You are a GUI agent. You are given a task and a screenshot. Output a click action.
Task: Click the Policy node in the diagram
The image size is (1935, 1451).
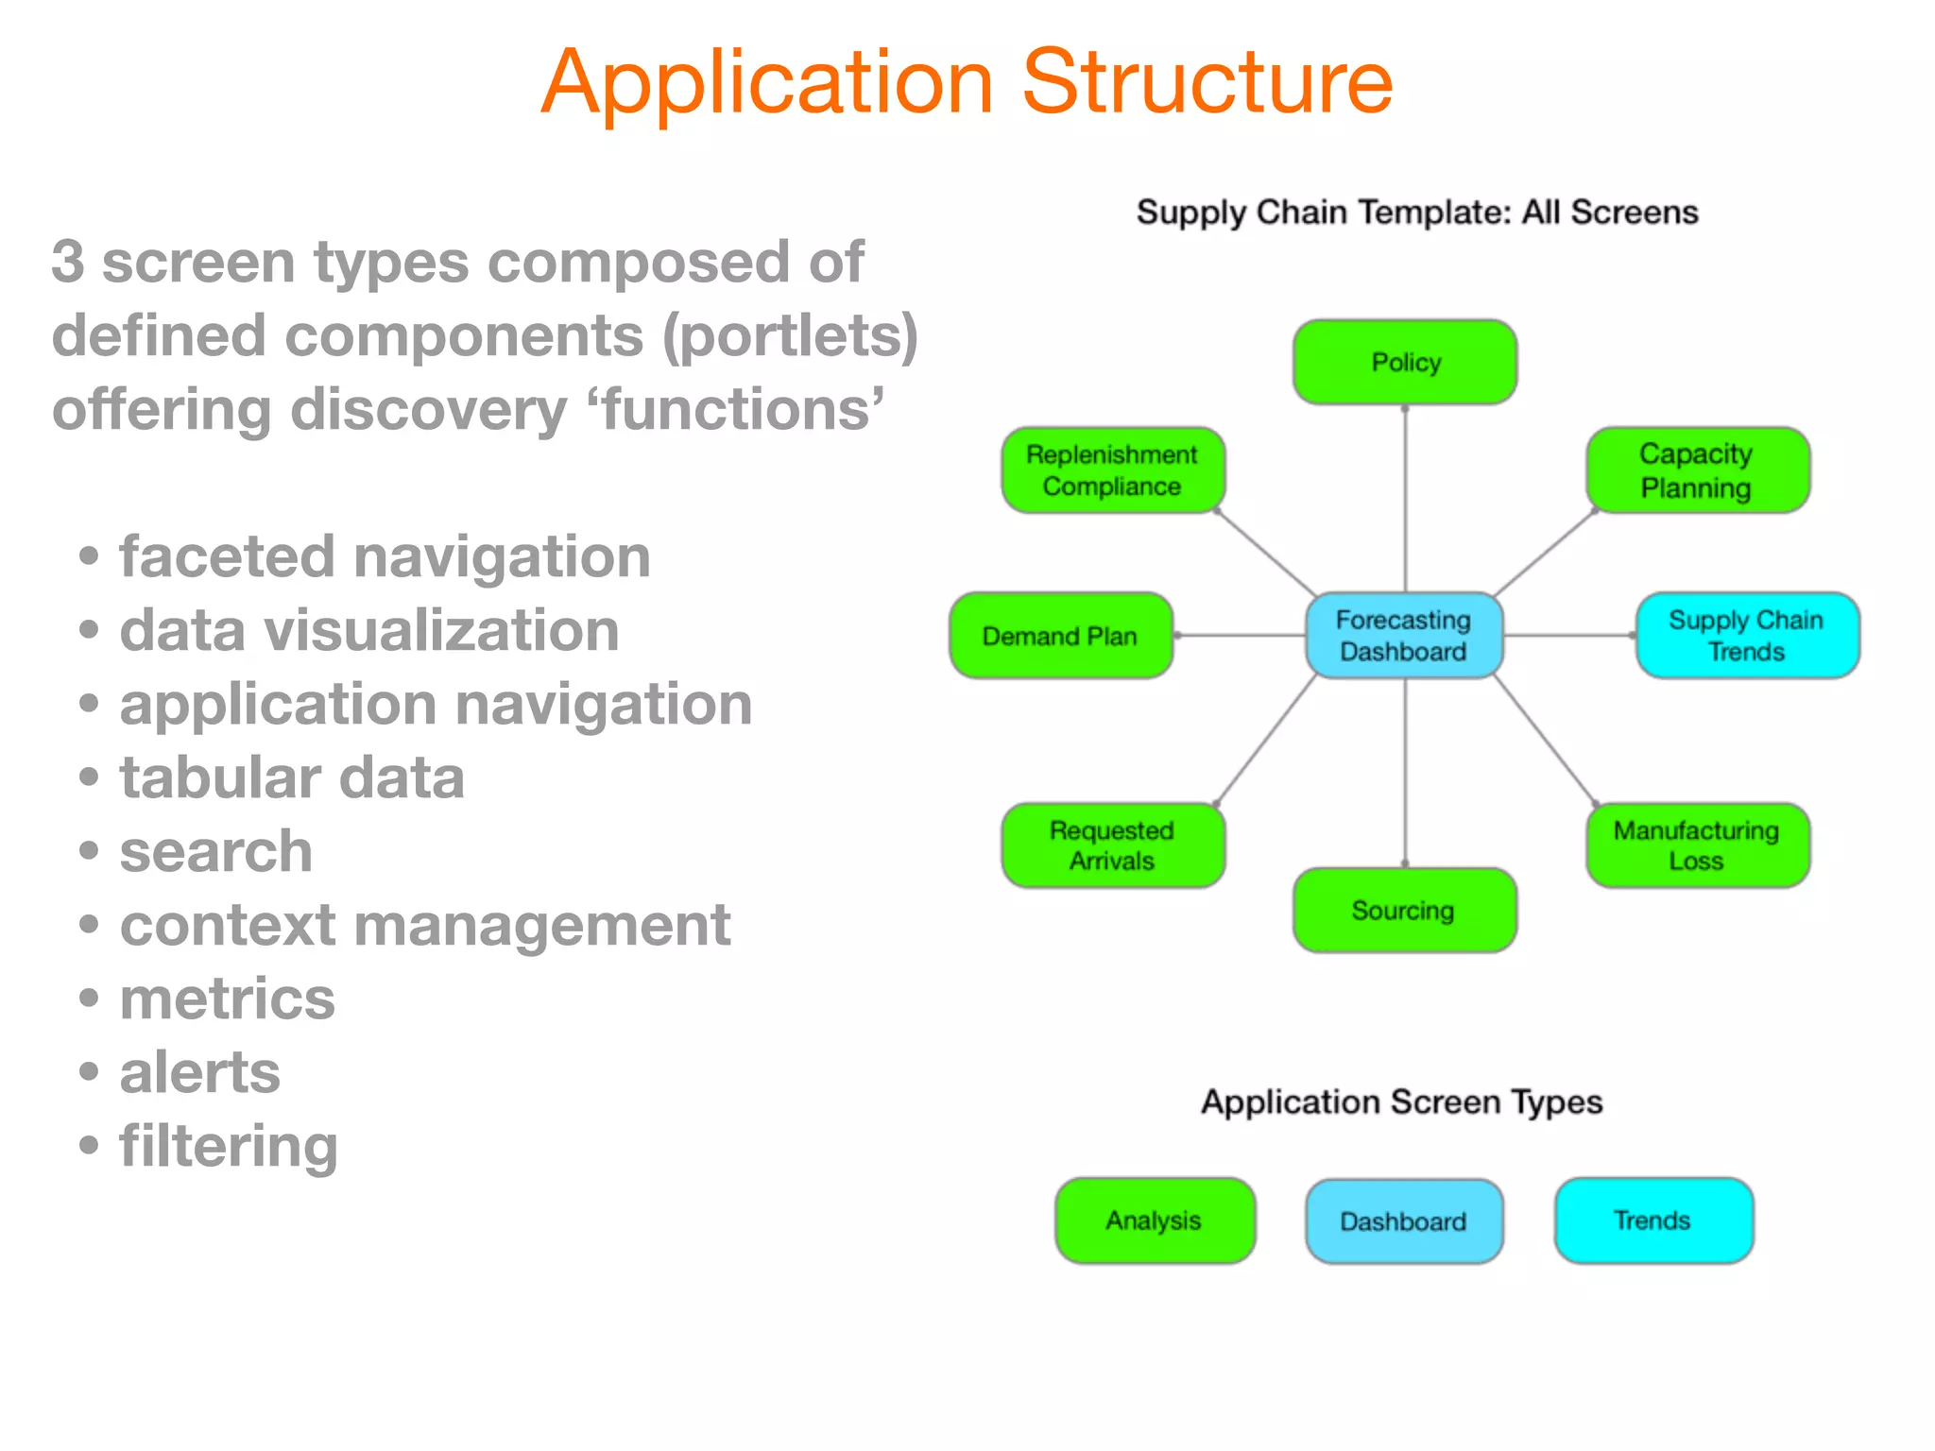[x=1405, y=363]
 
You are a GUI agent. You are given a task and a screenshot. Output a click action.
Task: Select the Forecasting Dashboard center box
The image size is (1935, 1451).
[x=1404, y=636]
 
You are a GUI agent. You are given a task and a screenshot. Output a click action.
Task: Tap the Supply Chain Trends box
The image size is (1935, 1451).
[x=1747, y=636]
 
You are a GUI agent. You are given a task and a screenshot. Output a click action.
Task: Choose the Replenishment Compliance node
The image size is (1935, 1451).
[x=1113, y=470]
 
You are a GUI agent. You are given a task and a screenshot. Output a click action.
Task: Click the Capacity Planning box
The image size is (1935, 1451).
[x=1697, y=470]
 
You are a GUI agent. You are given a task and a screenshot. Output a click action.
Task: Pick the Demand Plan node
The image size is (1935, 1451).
[x=1060, y=636]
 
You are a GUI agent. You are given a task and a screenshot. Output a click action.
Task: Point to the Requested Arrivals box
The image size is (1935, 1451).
[x=1113, y=845]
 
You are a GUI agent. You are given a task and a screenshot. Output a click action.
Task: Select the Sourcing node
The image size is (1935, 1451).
[x=1404, y=911]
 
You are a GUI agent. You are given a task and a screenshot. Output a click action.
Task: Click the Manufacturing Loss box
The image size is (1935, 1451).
[x=1697, y=845]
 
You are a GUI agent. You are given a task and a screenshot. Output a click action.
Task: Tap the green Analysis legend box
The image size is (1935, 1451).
[x=1155, y=1221]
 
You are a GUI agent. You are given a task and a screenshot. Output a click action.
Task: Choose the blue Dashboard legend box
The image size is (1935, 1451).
[x=1404, y=1221]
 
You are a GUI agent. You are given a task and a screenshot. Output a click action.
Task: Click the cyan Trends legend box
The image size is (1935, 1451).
[x=1653, y=1221]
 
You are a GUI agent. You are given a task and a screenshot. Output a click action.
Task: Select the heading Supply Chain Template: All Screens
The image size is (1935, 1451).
[x=1416, y=213]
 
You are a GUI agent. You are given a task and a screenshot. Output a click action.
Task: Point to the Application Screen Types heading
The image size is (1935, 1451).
[x=1401, y=1102]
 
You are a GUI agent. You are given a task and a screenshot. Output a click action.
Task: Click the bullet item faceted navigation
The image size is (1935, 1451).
[x=385, y=556]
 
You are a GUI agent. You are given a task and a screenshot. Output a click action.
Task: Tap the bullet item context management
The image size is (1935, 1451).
[x=424, y=925]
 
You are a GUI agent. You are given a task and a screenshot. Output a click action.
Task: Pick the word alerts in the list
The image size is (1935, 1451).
[x=199, y=1072]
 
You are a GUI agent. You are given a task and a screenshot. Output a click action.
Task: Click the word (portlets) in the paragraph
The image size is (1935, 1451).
[x=790, y=336]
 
